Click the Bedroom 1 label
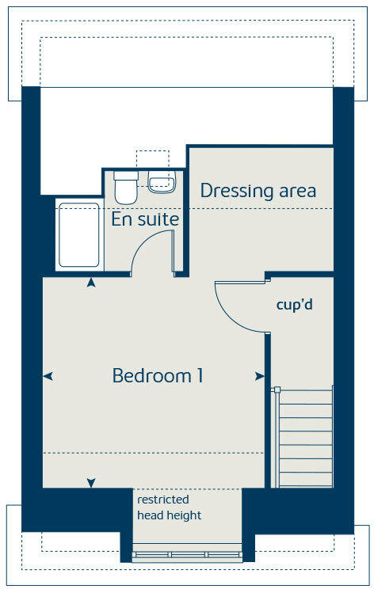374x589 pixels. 158,375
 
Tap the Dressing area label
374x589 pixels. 258,191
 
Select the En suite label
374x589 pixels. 145,219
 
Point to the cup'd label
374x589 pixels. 295,304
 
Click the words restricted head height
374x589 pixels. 169,507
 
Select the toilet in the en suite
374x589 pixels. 125,187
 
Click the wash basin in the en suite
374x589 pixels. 160,183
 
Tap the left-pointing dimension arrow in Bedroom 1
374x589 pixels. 48,377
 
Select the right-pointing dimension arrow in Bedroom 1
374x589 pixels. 260,377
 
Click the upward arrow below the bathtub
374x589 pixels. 92,282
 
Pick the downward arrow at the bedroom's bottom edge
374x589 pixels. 92,482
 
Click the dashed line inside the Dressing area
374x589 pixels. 261,209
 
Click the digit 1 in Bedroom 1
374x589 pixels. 199,375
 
